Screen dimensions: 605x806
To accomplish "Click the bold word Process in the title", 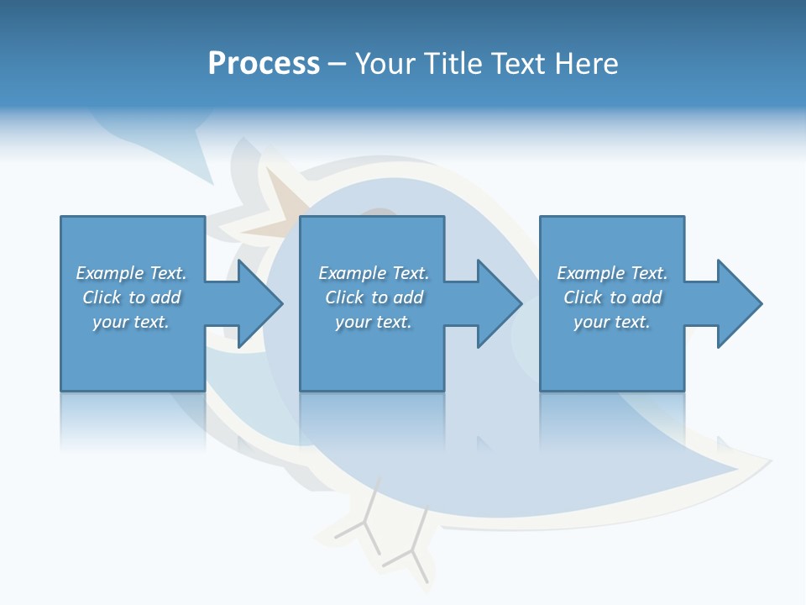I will coord(264,64).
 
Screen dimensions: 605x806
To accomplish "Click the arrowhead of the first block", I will coord(260,303).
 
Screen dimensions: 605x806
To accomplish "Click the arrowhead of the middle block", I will coord(500,303).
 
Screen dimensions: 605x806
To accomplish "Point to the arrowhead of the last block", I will coord(740,303).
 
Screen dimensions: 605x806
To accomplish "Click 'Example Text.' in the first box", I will coord(131,273).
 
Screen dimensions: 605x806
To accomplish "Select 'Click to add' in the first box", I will coord(131,297).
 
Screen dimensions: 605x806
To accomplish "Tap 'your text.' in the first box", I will coord(131,322).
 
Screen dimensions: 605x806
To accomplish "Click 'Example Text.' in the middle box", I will coord(374,273).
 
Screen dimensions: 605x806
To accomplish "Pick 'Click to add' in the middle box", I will coord(374,297).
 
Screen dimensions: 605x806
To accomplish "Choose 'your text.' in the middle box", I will coord(374,322).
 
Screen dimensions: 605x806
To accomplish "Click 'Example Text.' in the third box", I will coord(612,273).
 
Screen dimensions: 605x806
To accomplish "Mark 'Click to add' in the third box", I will coord(612,297).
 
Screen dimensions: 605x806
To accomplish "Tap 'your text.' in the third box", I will coord(612,322).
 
